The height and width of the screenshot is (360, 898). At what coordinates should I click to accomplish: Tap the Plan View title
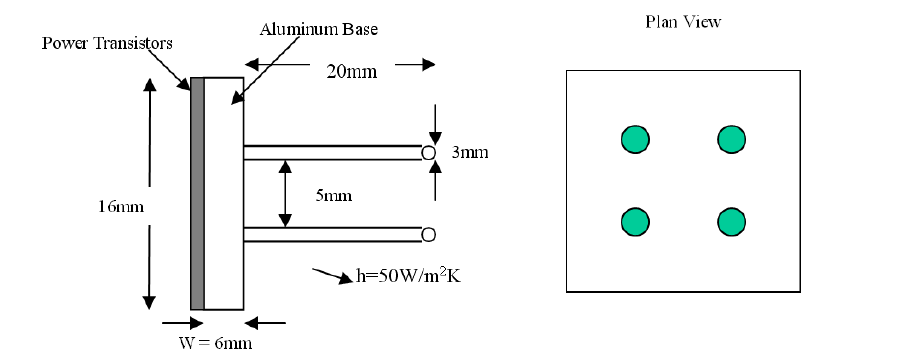tap(683, 21)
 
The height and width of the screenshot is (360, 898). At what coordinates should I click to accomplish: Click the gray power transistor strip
tap(197, 193)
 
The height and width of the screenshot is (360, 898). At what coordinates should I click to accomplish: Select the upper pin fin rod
tap(332, 153)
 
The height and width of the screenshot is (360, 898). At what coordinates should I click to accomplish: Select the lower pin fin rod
tap(332, 235)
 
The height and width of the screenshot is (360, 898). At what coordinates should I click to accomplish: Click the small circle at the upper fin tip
tap(428, 153)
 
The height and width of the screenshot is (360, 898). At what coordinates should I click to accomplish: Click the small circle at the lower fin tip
tap(428, 235)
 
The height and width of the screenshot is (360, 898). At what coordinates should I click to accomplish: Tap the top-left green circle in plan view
tap(634, 139)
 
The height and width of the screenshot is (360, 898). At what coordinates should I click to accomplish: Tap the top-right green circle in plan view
tap(731, 139)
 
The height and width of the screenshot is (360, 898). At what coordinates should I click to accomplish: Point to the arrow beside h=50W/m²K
tap(331, 272)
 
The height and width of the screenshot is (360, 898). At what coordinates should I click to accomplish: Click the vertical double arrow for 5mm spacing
tap(287, 194)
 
